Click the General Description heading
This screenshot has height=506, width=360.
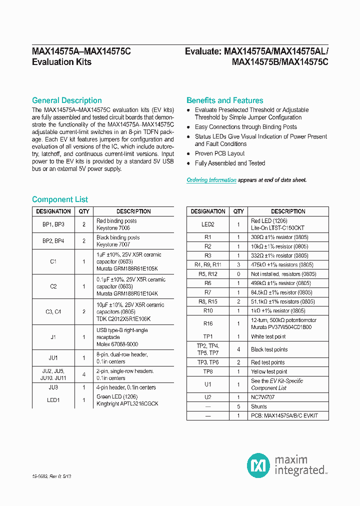point(67,100)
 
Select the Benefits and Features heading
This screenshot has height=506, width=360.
point(224,100)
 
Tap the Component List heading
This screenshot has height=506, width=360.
point(60,199)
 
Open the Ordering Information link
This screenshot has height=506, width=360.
point(211,180)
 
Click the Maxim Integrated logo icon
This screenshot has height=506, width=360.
point(258,465)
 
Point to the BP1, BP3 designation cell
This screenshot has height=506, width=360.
point(53,224)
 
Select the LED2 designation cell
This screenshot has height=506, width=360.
point(208,224)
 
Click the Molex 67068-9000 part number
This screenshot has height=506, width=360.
point(117,344)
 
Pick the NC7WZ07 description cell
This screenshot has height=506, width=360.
point(263,397)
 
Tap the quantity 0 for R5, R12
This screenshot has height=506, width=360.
point(238,274)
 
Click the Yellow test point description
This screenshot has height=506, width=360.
point(269,371)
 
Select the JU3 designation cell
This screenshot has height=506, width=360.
point(53,387)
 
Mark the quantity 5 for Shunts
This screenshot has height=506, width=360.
point(238,406)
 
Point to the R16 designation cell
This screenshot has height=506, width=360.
point(208,323)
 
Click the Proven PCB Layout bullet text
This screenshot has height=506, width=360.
point(219,153)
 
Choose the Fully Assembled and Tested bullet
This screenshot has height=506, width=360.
point(230,163)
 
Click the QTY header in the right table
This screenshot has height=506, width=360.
point(238,211)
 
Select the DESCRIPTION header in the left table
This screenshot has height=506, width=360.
point(133,211)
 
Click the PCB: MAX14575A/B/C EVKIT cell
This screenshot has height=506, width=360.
point(284,415)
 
